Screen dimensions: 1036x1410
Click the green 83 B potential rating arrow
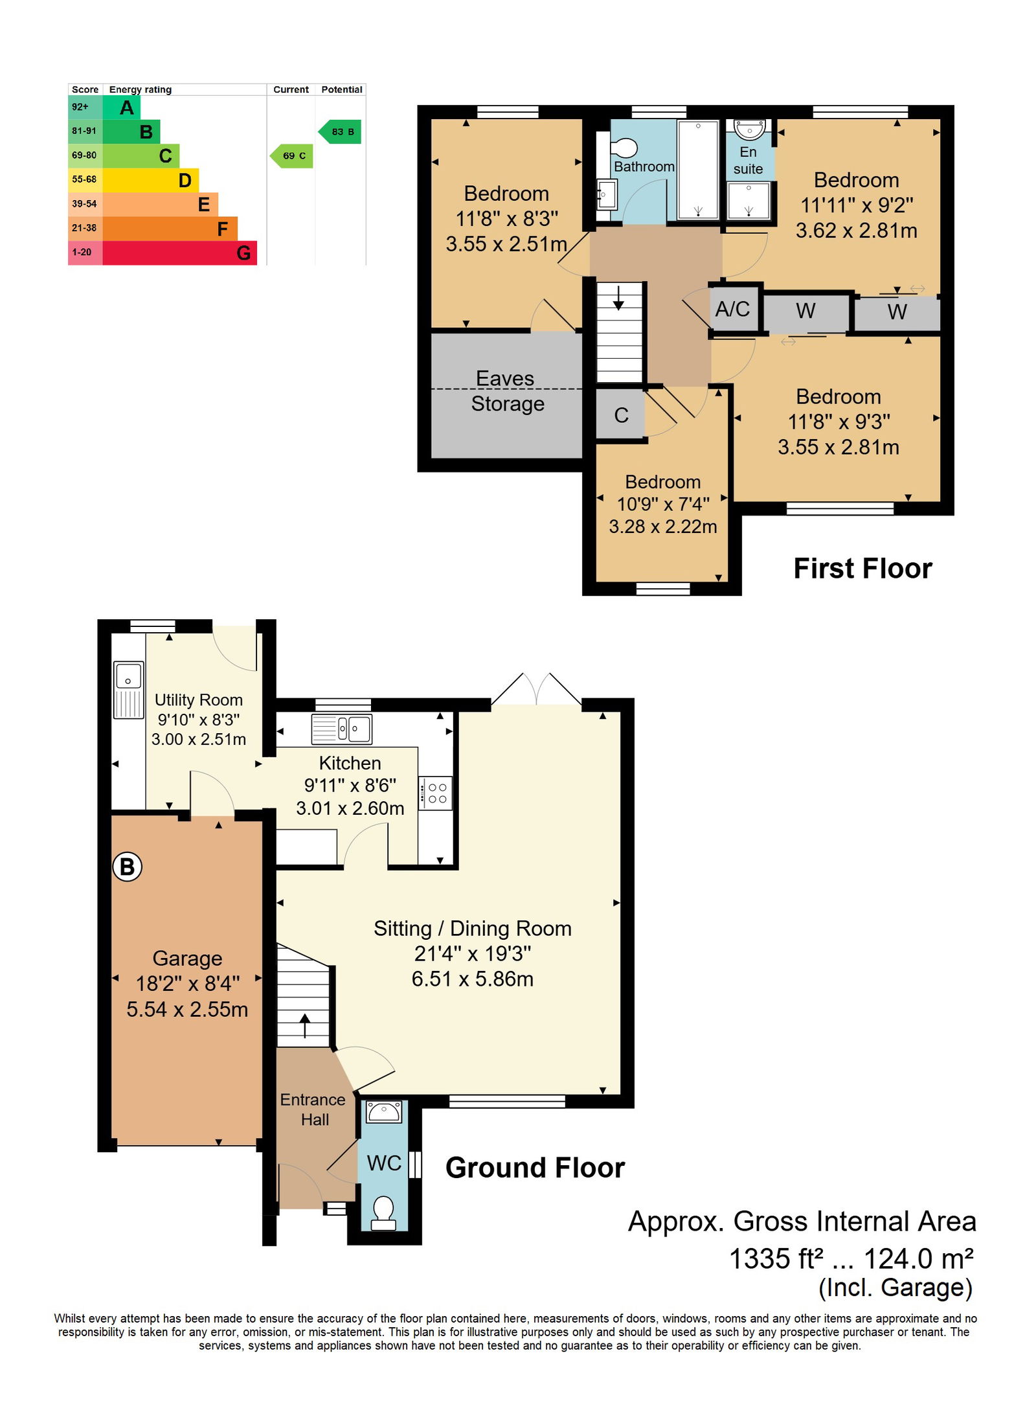click(x=339, y=131)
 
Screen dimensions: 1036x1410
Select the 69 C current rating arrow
click(x=291, y=155)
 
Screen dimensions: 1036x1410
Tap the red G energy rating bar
click(x=179, y=253)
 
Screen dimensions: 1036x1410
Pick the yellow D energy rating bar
click(x=150, y=180)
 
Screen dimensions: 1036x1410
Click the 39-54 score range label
click(x=84, y=204)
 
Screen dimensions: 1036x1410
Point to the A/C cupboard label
click(x=732, y=309)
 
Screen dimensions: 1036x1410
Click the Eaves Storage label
click(x=507, y=391)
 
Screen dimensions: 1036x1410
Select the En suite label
click(x=748, y=160)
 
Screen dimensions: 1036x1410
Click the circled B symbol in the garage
click(x=127, y=867)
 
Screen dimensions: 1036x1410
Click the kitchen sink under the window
click(x=342, y=729)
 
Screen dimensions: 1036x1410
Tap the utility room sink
click(x=128, y=689)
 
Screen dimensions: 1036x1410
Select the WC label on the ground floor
click(x=384, y=1163)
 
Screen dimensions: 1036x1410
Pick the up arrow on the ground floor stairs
click(x=304, y=1026)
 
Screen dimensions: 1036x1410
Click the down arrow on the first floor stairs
click(x=618, y=298)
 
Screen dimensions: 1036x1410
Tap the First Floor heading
click(x=862, y=569)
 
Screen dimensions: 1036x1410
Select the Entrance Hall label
click(x=313, y=1109)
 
